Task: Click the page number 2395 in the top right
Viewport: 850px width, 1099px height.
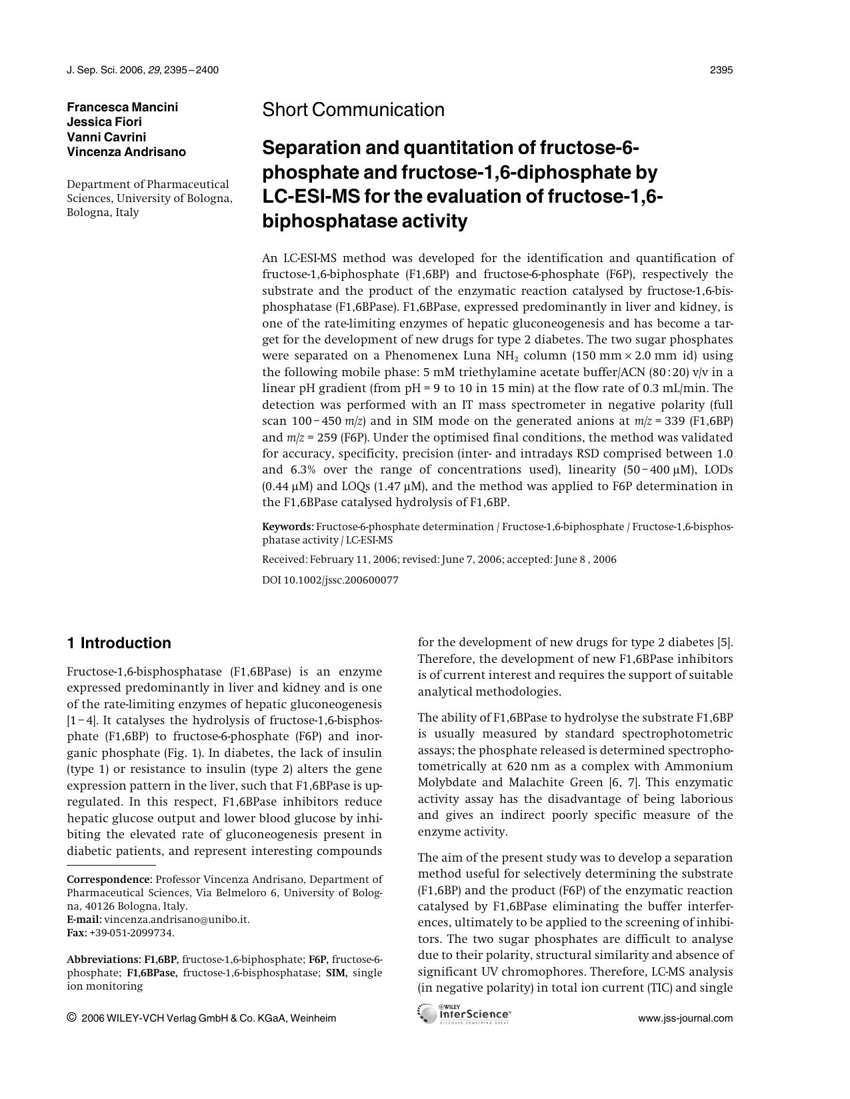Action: coord(721,70)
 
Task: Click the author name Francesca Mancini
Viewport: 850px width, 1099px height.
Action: coord(122,107)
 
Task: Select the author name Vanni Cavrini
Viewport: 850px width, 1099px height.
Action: coord(106,137)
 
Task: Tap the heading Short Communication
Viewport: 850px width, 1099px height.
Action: coord(353,110)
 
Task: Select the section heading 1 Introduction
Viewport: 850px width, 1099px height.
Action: coord(119,643)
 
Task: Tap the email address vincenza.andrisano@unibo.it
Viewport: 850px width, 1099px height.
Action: coord(177,920)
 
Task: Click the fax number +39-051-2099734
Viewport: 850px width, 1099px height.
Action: coord(131,933)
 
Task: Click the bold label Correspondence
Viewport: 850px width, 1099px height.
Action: coord(109,880)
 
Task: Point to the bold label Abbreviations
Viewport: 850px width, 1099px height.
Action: coord(103,960)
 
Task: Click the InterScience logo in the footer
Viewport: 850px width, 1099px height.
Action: coord(465,1014)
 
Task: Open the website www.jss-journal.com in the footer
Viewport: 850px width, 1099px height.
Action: coord(685,1018)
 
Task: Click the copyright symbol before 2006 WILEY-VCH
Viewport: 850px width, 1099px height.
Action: coord(71,1018)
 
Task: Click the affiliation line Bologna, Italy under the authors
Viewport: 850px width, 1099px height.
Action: coord(103,213)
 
